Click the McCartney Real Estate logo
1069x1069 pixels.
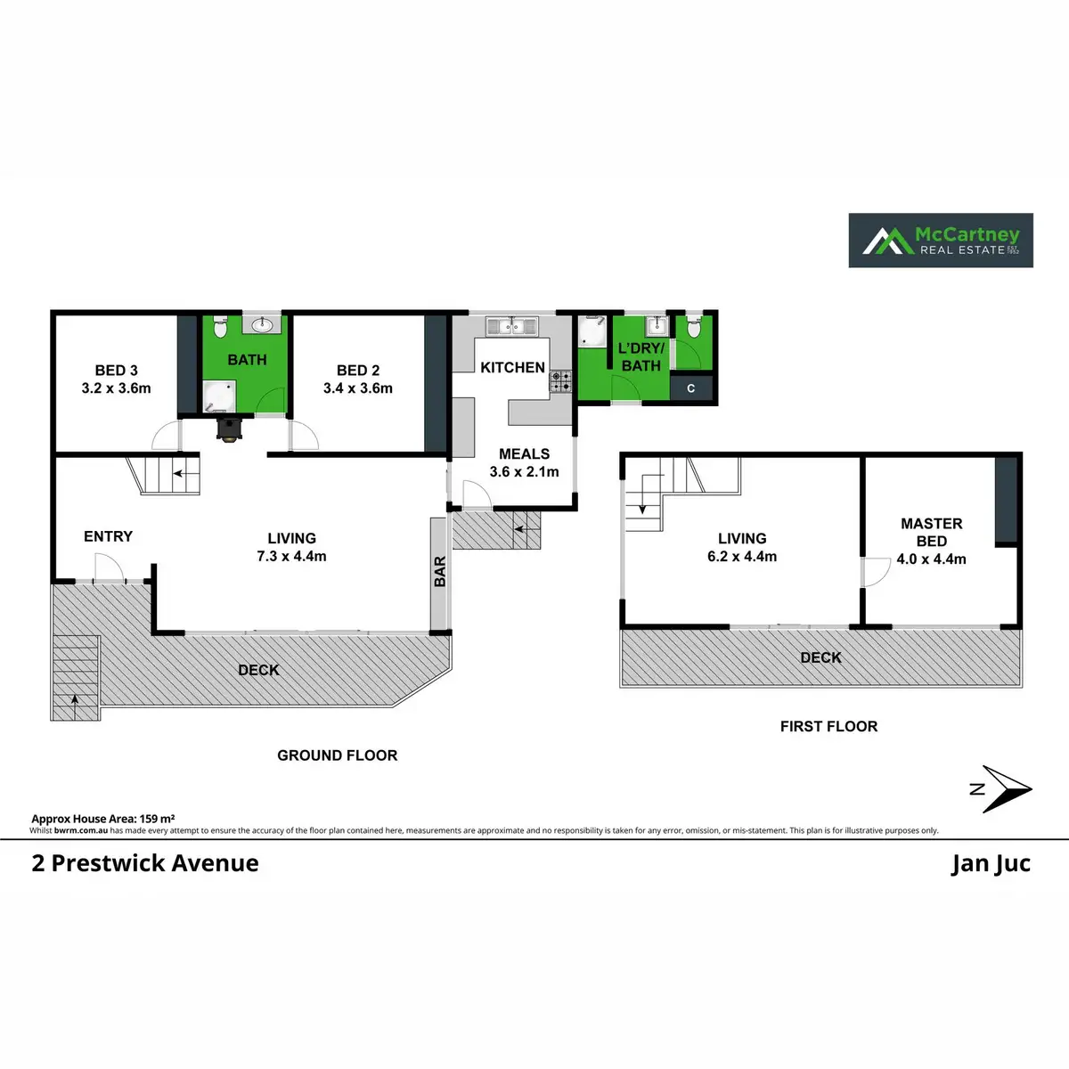(x=941, y=240)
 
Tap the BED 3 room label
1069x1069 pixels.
(x=116, y=371)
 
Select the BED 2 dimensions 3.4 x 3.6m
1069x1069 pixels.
(x=358, y=388)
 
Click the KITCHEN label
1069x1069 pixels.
(x=512, y=367)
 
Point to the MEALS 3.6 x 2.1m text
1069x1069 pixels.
(x=524, y=463)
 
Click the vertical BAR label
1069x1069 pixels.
(x=439, y=572)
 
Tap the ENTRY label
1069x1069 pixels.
(x=108, y=536)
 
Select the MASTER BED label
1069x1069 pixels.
(x=932, y=532)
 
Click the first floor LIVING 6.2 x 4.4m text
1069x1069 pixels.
(x=742, y=548)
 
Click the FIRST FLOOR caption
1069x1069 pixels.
(x=828, y=726)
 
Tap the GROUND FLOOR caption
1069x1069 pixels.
(x=337, y=755)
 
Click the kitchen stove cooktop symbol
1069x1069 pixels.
(x=560, y=381)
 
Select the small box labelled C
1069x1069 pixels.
(x=691, y=388)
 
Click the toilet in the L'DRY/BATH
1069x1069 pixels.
(x=694, y=327)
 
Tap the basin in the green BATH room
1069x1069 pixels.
(x=264, y=325)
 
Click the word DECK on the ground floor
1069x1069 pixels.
(x=258, y=670)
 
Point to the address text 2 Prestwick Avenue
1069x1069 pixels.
(x=145, y=863)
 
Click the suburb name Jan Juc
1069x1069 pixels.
(x=991, y=863)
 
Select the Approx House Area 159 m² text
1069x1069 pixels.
(x=102, y=818)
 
